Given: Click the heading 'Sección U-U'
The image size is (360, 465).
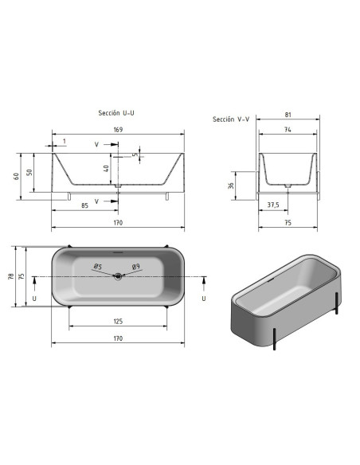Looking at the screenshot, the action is pos(116,113).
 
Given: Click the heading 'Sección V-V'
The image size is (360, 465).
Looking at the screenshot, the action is pos(231,119).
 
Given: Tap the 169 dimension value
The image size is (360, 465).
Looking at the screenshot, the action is pos(118,130).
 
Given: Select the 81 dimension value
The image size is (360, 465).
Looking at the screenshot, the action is pos(288,115).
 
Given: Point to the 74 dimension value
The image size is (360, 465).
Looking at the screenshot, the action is pos(288,130).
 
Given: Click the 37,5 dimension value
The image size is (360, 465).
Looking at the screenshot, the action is pos(273,205).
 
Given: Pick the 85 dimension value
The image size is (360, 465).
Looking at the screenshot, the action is pos(84,205).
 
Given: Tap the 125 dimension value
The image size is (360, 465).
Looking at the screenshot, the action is pos(118,321).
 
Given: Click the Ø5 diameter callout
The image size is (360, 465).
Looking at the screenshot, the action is pos(98,266).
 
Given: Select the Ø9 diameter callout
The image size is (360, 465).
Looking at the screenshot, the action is pos(136,266).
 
